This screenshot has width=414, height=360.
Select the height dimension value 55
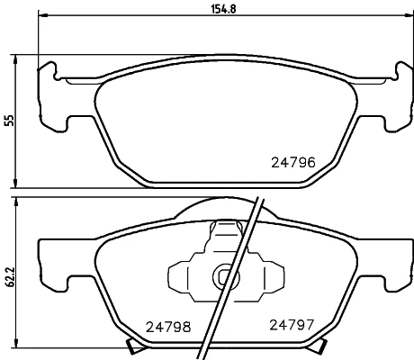[x=10, y=121]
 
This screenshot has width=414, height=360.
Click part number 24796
[x=292, y=164]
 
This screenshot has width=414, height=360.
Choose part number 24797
[x=286, y=326]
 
